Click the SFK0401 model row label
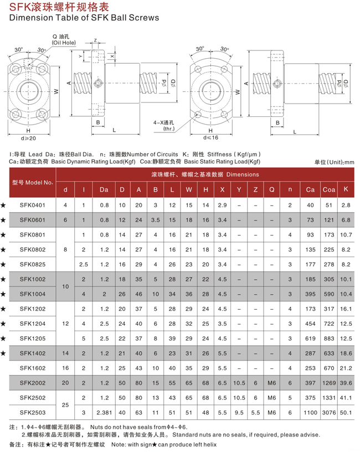click(32, 206)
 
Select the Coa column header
click(328, 190)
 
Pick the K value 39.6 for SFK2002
click(347, 382)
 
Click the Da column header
click(104, 190)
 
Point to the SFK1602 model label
click(32, 367)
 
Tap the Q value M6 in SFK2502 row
click(271, 397)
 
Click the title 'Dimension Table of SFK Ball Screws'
click(85, 18)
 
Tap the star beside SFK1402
click(4, 353)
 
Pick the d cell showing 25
click(65, 404)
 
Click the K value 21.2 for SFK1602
click(347, 367)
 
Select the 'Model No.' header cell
click(32, 182)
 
